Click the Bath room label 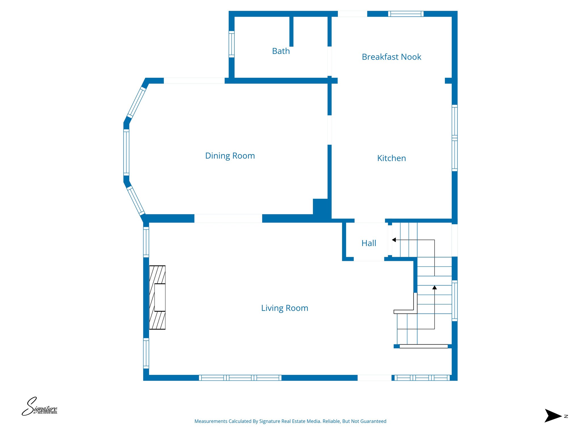(281, 51)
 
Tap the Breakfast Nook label (391, 57)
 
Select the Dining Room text (230, 156)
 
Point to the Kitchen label (391, 158)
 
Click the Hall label (369, 243)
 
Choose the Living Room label (285, 308)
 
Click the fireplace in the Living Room (157, 297)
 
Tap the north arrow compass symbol (553, 416)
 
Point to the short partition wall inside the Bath (291, 31)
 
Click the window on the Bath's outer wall (231, 44)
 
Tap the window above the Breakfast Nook (406, 14)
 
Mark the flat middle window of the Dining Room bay (126, 152)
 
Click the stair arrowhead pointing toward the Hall (394, 240)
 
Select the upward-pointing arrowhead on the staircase (434, 288)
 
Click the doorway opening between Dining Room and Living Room (228, 218)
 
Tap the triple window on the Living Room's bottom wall (240, 378)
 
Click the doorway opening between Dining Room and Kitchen (329, 130)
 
